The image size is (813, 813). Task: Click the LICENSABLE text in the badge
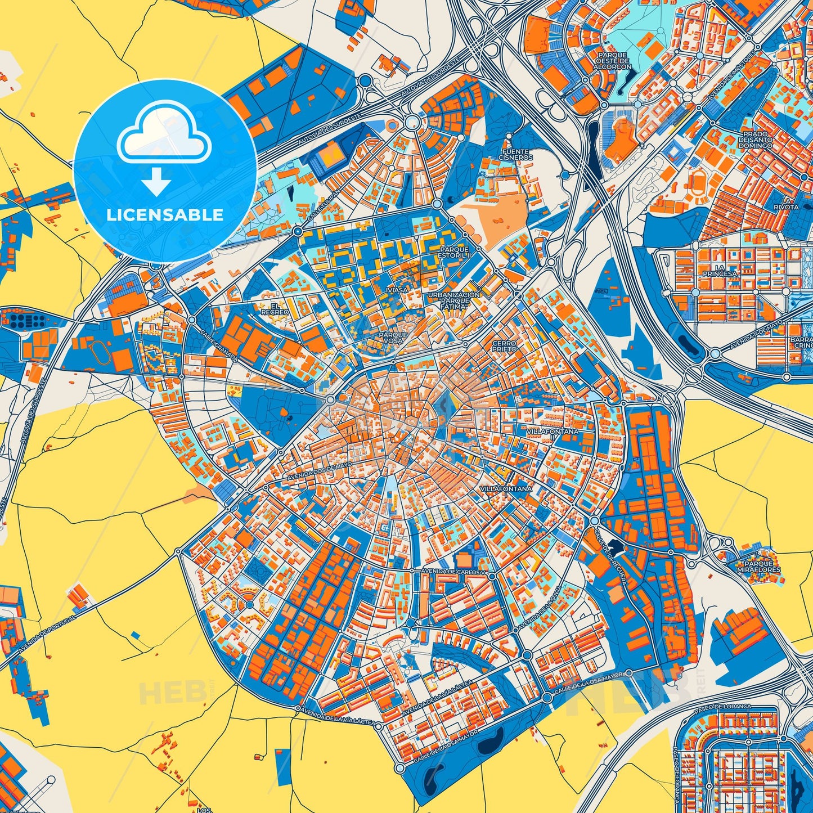click(x=165, y=215)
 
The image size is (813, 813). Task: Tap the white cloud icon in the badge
click(x=163, y=135)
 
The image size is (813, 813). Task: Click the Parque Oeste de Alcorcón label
click(x=612, y=61)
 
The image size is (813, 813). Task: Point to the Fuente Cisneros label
click(x=515, y=155)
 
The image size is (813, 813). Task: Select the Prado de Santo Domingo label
click(x=757, y=140)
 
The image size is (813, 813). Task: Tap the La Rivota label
click(x=790, y=204)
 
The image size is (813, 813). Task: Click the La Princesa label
click(x=720, y=271)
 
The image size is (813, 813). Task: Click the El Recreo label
click(x=275, y=309)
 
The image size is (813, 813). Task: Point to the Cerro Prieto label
click(x=504, y=346)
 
